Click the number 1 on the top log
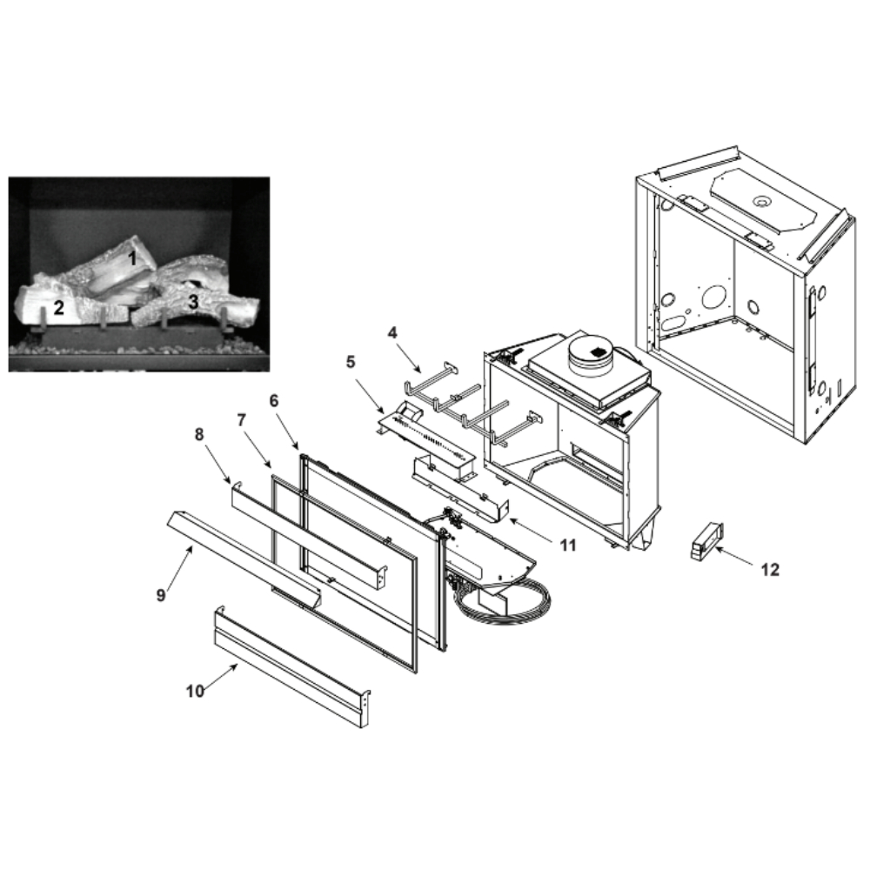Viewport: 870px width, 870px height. [x=132, y=258]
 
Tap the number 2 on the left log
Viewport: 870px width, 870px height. [x=59, y=307]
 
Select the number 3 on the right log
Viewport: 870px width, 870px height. [x=193, y=302]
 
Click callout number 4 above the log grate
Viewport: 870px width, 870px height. [x=392, y=333]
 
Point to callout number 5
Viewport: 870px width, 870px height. [x=350, y=362]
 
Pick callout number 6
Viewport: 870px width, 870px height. [x=273, y=400]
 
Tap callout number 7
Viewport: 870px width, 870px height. [x=241, y=420]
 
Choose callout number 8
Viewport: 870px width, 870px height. [x=199, y=434]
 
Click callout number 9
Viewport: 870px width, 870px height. [x=161, y=595]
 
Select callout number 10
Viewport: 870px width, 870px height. [x=195, y=692]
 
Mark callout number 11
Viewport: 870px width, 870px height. [x=567, y=545]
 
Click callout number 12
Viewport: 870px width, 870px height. [x=770, y=569]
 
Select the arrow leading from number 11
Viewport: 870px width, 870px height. [x=531, y=529]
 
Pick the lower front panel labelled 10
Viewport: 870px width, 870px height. [x=292, y=666]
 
